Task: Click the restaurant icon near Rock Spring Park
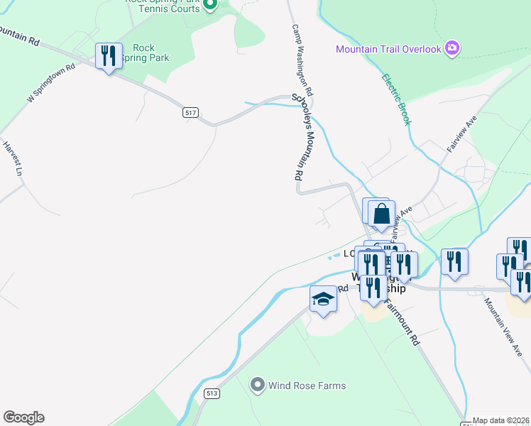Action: [x=109, y=56]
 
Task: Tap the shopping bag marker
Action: [x=381, y=213]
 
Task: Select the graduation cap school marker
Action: [x=323, y=299]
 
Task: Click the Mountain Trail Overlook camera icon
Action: [x=452, y=49]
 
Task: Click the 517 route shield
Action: [x=190, y=113]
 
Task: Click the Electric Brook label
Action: [x=396, y=100]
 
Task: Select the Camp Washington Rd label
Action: [x=302, y=61]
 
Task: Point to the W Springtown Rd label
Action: [x=51, y=84]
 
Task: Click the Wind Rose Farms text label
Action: [x=307, y=386]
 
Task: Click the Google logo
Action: [x=23, y=417]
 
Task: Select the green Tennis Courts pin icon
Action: [x=209, y=6]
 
